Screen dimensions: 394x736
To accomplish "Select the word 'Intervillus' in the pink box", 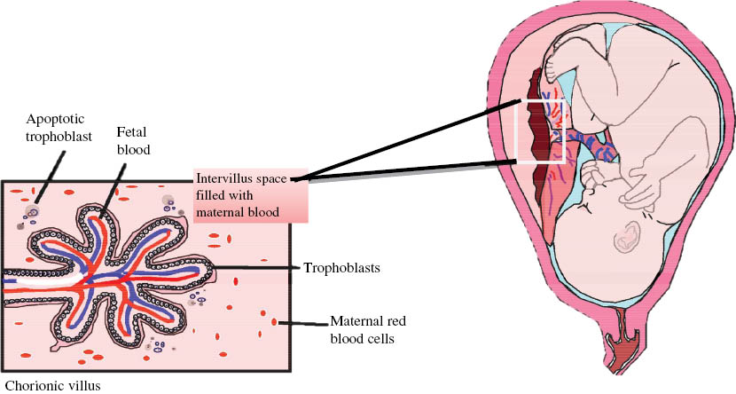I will click(x=225, y=177).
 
